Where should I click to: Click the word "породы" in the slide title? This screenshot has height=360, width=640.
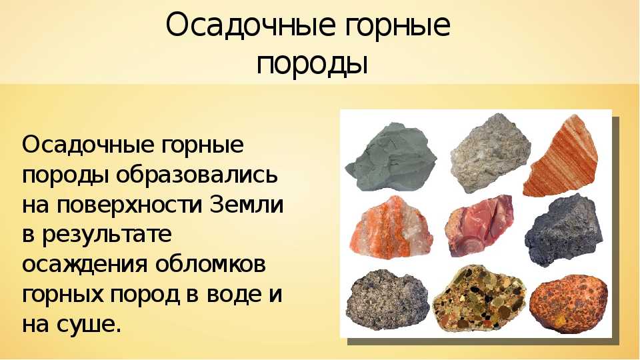pos(312,65)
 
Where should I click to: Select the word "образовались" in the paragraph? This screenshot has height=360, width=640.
pos(197,175)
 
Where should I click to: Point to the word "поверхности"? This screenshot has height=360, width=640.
pos(129,205)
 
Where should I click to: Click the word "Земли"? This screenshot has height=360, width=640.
pos(247,204)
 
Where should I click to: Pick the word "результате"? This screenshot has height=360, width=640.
pos(107,235)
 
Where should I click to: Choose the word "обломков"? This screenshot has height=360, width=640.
pos(210,264)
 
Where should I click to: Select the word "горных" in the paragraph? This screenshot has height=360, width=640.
pos(63,295)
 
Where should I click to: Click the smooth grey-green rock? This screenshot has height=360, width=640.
pos(391,157)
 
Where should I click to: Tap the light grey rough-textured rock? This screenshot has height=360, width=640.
pos(490,153)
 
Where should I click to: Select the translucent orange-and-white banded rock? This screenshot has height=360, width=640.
pos(391,228)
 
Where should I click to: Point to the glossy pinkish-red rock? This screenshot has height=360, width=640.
pos(479,225)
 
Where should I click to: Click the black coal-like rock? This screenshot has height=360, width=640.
pos(564,231)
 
